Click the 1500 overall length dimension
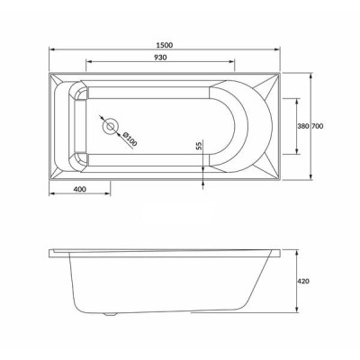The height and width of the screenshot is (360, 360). [x=165, y=45]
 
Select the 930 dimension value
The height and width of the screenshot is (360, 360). [x=160, y=58]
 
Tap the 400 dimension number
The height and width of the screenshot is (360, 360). [x=79, y=189]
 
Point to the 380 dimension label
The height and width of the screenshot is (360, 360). [x=303, y=126]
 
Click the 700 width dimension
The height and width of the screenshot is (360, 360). [x=318, y=126]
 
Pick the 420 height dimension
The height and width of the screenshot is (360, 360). [x=304, y=282]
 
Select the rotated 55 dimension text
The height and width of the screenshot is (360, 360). [x=200, y=146]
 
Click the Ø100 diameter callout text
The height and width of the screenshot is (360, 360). [x=130, y=139]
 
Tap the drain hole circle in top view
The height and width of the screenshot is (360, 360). [x=110, y=126]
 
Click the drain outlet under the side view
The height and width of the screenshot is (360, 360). [x=110, y=314]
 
